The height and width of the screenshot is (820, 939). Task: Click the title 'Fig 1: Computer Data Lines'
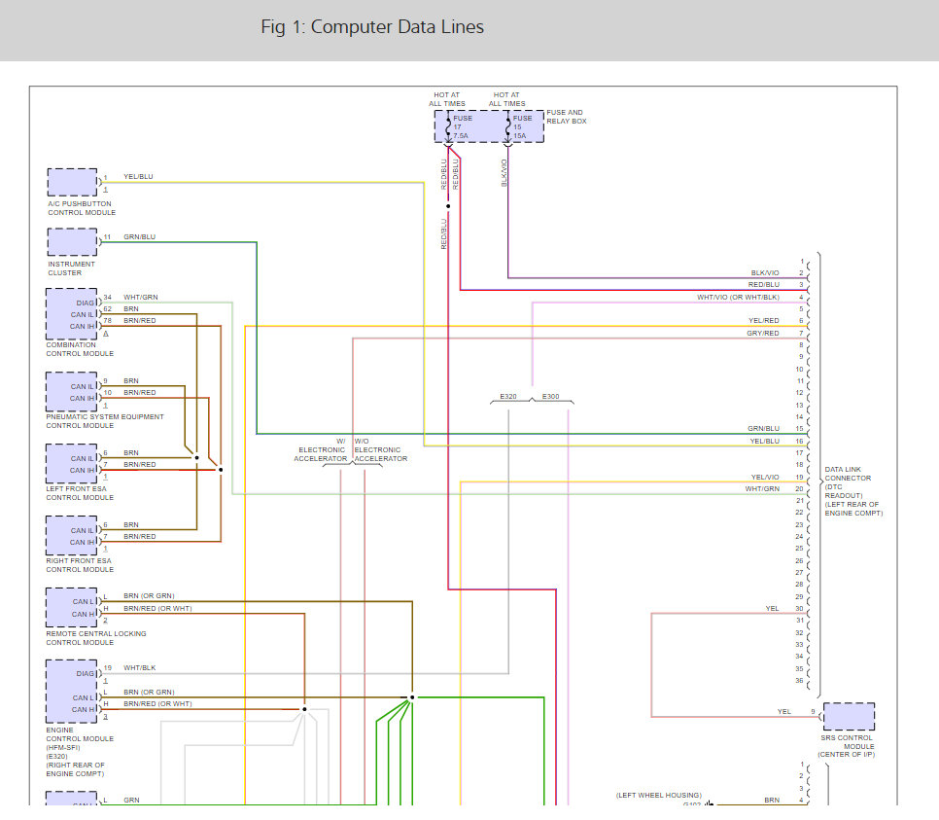(372, 27)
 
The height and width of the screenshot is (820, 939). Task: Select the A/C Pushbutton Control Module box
(73, 183)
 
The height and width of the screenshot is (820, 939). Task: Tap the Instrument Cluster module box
(73, 242)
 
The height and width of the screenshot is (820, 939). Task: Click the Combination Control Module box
(73, 313)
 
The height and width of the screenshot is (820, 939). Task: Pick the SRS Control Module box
(849, 718)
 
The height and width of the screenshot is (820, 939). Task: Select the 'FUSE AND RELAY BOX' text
(565, 117)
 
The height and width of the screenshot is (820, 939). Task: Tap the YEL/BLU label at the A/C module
(138, 177)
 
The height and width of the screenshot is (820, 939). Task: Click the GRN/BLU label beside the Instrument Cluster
(139, 236)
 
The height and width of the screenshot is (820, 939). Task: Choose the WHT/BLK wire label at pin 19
(139, 668)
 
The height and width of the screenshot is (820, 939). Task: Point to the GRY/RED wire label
(763, 334)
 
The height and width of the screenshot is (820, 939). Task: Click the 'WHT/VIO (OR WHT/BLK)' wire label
(738, 297)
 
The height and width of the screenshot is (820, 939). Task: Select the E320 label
(508, 396)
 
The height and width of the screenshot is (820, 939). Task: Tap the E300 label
(550, 396)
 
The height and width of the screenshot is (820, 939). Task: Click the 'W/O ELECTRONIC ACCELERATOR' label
(380, 449)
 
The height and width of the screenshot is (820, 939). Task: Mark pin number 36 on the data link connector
(799, 680)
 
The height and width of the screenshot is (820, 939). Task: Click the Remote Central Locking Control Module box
(73, 608)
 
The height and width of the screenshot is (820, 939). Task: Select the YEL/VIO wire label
(765, 477)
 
